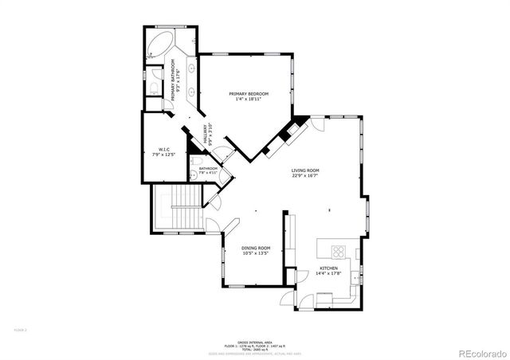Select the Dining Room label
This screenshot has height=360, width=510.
click(x=256, y=248)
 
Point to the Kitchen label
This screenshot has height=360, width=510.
click(x=330, y=268)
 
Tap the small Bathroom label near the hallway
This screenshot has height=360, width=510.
click(x=208, y=169)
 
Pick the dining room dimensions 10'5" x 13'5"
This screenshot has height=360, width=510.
click(x=256, y=254)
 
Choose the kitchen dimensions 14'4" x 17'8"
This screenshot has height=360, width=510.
click(x=330, y=274)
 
